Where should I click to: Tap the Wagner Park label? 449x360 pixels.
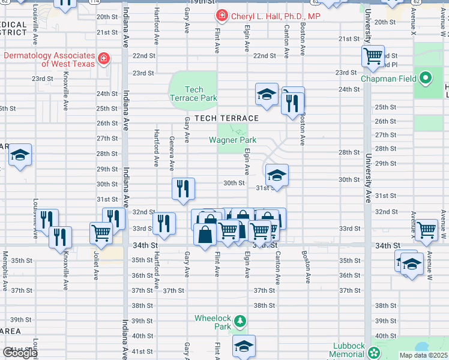(x=232, y=140)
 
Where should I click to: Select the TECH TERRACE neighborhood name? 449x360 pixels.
(x=226, y=118)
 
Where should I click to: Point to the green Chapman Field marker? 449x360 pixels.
(x=426, y=78)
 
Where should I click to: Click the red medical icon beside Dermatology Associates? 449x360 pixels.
(x=104, y=58)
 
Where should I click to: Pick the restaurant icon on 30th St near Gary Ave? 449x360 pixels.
(x=183, y=188)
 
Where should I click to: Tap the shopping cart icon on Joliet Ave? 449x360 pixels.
(x=101, y=232)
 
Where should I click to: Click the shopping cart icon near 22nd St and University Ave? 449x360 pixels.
(x=373, y=56)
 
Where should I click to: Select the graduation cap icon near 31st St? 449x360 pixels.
(x=276, y=175)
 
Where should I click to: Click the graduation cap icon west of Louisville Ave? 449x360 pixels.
(x=20, y=156)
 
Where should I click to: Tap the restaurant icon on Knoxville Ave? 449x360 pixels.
(x=60, y=236)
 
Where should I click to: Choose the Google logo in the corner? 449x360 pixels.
(x=19, y=353)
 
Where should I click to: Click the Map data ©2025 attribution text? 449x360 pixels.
(x=423, y=355)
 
